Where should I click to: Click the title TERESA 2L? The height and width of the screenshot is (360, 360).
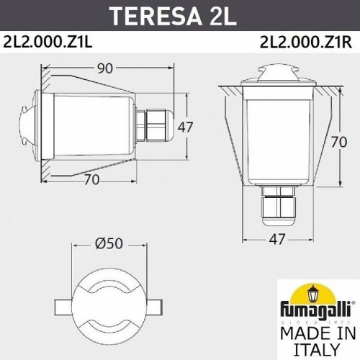(x=180, y=14)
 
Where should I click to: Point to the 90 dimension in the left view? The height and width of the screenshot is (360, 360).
(x=105, y=70)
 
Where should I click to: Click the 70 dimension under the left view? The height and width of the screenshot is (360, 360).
(x=91, y=181)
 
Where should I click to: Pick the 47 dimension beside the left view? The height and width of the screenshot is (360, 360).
(x=186, y=127)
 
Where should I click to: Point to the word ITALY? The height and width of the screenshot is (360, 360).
(x=317, y=349)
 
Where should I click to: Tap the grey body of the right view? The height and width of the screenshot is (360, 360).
(x=277, y=137)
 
